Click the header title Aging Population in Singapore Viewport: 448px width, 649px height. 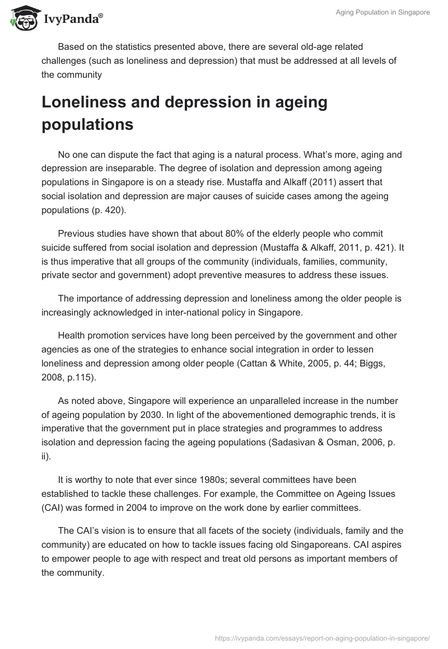[x=382, y=12]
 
